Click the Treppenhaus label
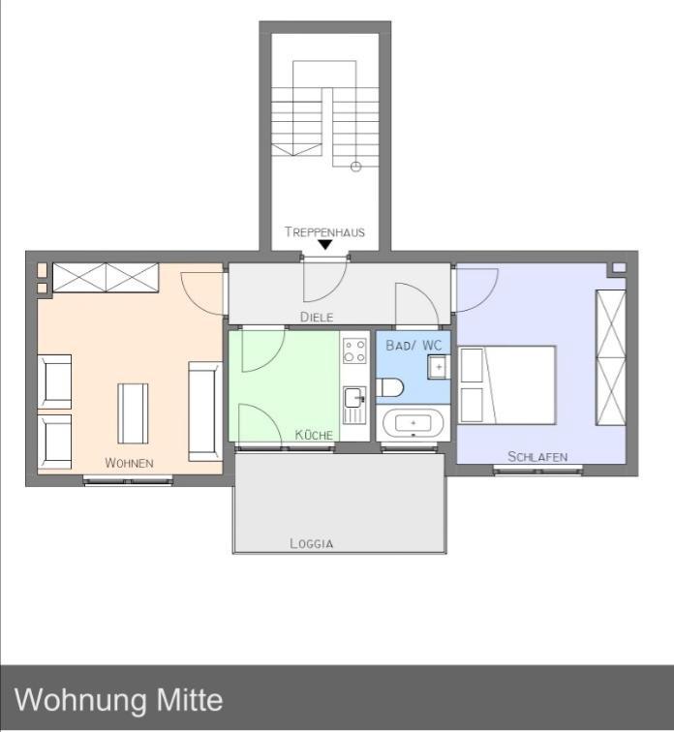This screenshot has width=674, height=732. (324, 231)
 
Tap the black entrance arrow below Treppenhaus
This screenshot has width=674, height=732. (325, 246)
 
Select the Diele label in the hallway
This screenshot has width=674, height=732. (317, 317)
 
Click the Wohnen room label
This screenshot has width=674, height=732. (129, 463)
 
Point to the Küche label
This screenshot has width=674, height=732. (314, 435)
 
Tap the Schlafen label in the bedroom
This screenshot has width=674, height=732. (537, 456)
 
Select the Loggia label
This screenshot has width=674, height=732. (312, 543)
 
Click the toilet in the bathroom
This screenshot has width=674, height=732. (391, 388)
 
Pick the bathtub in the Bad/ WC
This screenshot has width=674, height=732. (414, 424)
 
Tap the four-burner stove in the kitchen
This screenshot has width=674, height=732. (354, 350)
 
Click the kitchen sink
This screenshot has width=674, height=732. (354, 398)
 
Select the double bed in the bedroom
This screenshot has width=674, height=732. (507, 384)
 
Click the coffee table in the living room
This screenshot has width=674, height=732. (133, 412)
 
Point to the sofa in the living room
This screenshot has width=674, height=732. (204, 411)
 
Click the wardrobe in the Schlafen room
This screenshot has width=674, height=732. (610, 357)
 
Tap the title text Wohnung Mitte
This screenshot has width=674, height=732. (119, 699)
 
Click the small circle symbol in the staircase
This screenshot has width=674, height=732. (355, 167)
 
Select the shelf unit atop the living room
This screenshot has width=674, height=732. (106, 277)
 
